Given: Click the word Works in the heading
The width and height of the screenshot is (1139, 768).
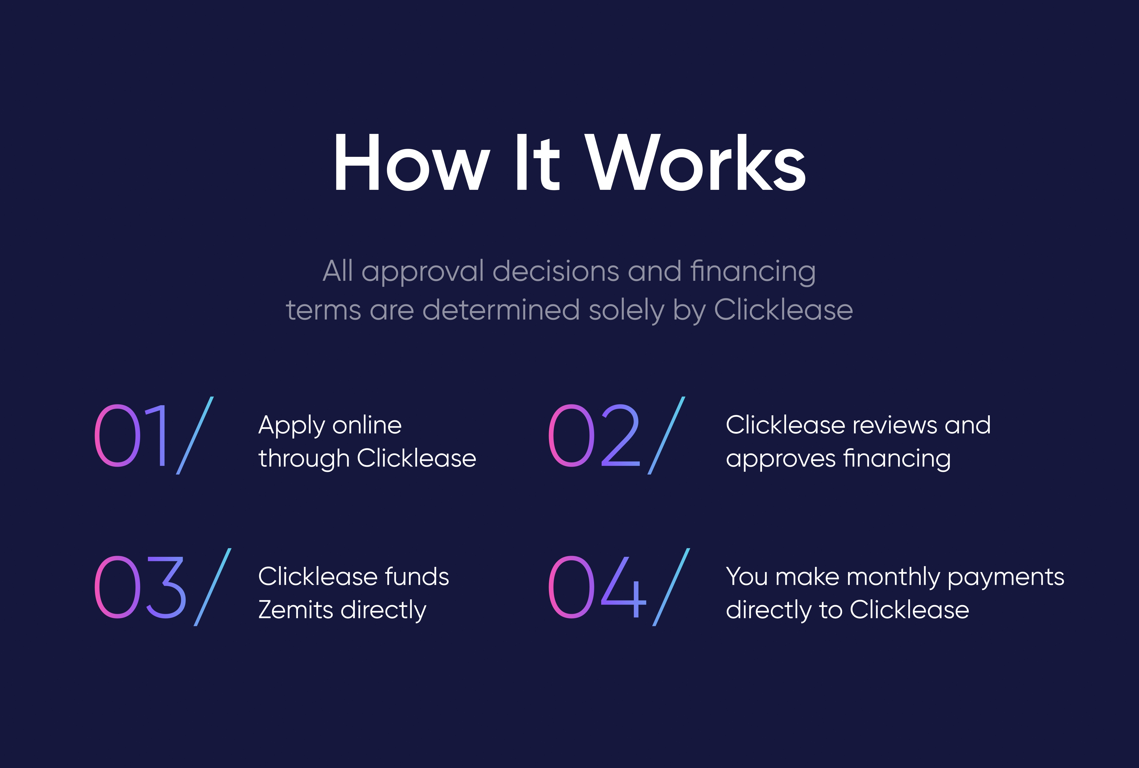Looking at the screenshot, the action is pyautogui.click(x=695, y=162).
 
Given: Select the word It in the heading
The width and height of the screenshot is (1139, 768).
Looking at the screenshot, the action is pyautogui.click(x=537, y=162).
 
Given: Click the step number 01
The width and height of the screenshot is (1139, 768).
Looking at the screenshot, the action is pyautogui.click(x=131, y=436).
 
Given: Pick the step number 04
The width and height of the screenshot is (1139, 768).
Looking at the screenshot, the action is pyautogui.click(x=597, y=587).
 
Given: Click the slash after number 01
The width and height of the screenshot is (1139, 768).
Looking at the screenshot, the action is pyautogui.click(x=195, y=436).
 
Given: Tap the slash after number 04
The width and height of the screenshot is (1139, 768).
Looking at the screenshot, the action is pyautogui.click(x=671, y=587).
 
